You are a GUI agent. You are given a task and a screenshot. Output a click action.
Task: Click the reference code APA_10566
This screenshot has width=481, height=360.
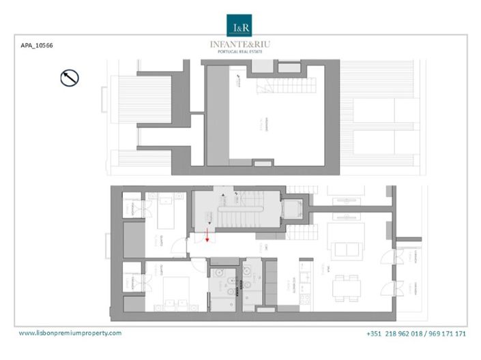[x=38, y=46]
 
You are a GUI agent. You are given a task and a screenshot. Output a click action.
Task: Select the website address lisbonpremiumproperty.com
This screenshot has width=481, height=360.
[x=70, y=333]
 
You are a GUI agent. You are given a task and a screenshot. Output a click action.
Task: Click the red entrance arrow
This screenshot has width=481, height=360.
[x=207, y=237]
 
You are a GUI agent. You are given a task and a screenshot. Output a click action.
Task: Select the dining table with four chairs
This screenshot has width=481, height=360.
[x=347, y=287]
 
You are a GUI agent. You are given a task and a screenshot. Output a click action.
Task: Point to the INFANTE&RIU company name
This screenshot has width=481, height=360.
[x=239, y=44]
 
